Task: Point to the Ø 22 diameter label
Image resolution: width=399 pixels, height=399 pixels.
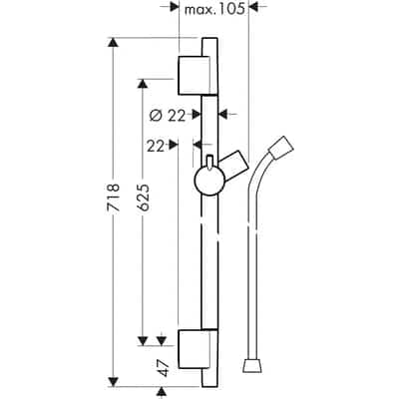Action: click(x=169, y=115)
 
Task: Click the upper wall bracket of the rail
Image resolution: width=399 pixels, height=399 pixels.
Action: click(x=197, y=73)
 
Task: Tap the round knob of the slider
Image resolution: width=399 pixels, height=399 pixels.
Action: click(x=207, y=182)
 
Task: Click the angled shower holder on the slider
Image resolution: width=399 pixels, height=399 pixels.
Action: click(x=236, y=163)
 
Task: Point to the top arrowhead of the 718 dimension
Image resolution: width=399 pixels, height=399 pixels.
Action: click(x=114, y=44)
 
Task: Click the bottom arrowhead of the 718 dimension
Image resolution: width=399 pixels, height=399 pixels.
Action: click(x=114, y=380)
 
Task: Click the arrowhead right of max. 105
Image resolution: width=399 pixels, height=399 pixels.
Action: click(x=254, y=7)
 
